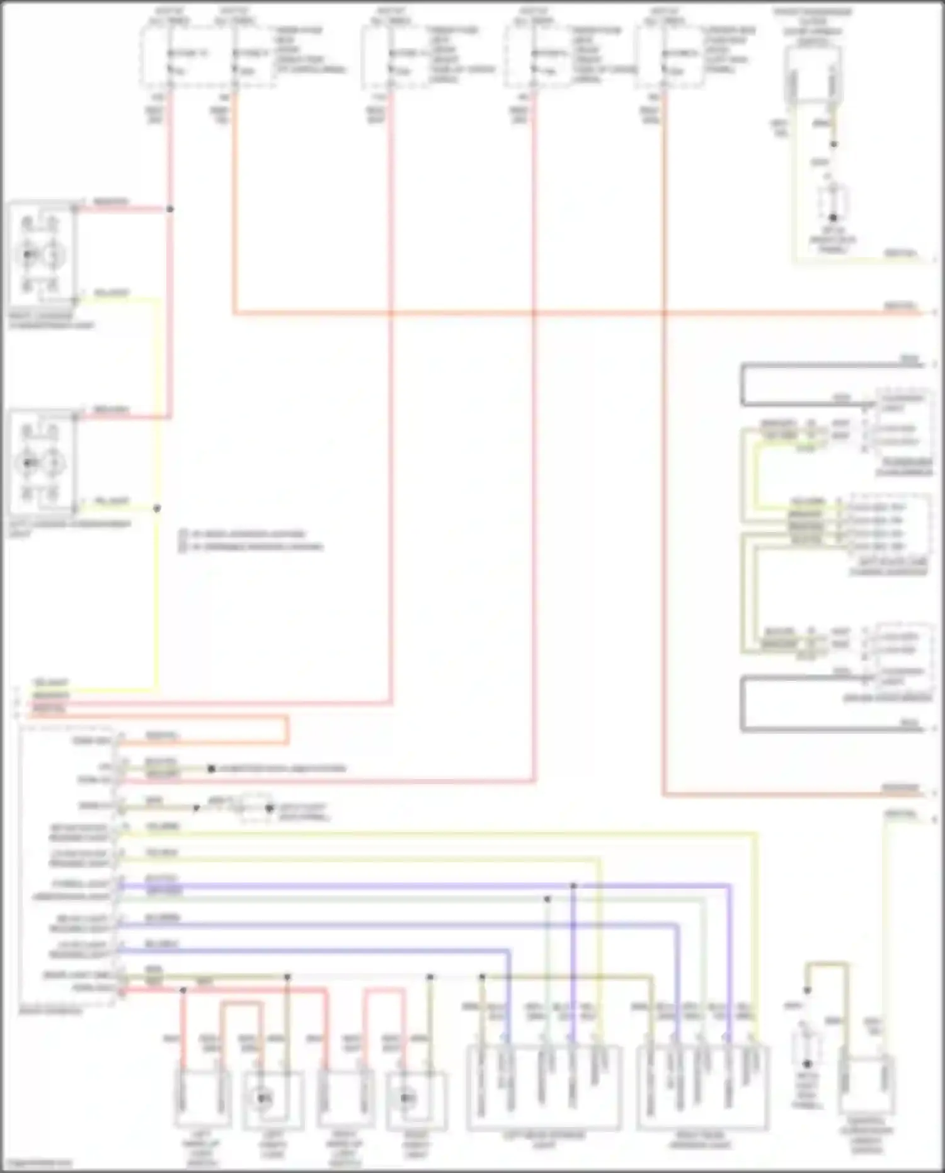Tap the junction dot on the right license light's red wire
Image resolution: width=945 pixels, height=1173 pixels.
click(170, 209)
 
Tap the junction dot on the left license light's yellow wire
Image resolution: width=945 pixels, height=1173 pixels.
click(157, 508)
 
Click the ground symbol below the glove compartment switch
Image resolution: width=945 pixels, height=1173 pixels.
click(833, 217)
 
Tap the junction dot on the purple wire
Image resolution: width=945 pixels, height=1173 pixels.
click(573, 886)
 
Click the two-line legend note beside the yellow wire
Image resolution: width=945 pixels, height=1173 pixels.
click(251, 540)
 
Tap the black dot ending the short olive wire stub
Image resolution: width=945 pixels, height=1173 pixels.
click(212, 769)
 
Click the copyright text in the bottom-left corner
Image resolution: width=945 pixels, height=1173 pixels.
click(37, 1164)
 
